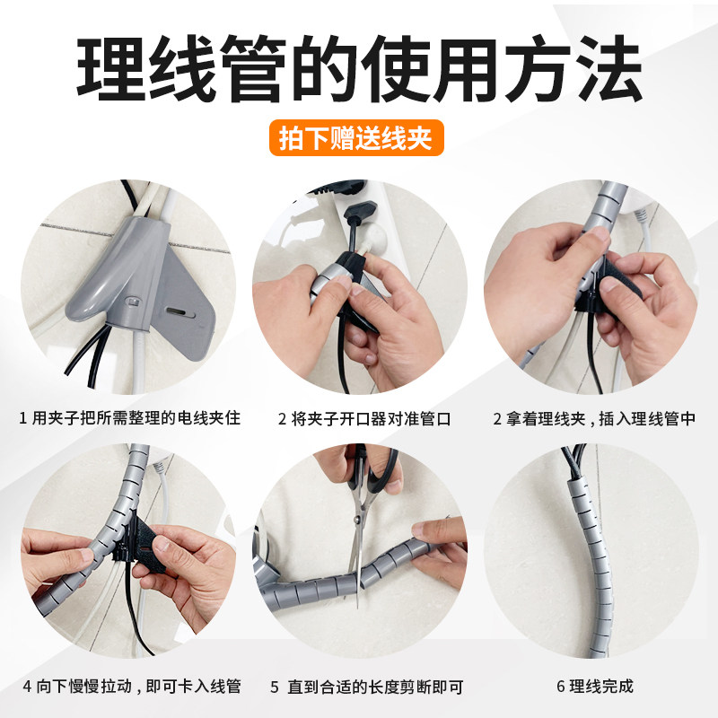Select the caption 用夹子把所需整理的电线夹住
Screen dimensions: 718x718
136,419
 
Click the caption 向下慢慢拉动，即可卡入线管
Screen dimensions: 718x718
136,687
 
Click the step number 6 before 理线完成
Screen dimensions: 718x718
561,687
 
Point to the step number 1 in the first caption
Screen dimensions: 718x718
23,419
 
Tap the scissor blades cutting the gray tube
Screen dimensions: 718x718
360,556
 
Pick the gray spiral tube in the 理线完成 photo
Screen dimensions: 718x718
588,556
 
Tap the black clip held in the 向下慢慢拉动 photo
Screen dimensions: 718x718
144,547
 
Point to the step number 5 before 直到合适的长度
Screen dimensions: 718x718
275,687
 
